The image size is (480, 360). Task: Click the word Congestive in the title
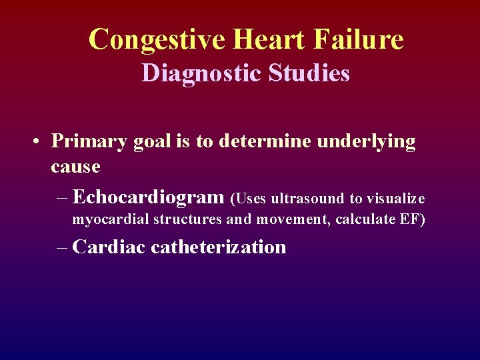tap(156, 39)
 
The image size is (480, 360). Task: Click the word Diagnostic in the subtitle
tap(201, 73)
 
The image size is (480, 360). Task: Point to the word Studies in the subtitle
tap(308, 73)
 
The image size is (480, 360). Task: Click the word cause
tap(75, 167)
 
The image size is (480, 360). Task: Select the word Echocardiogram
tap(148, 198)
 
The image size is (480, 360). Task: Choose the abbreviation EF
tap(410, 220)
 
